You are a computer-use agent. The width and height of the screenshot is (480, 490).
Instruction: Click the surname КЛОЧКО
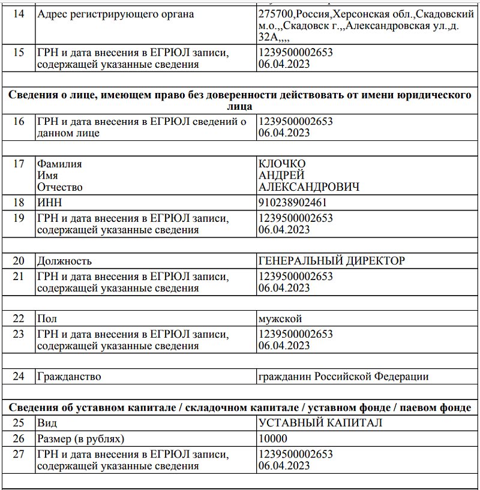[281, 164]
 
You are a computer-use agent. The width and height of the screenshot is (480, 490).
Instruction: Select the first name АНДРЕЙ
[281, 175]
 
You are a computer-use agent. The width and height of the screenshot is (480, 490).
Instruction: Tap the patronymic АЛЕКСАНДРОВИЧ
[308, 187]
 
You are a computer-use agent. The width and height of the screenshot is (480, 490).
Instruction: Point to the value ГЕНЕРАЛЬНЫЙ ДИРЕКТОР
[331, 261]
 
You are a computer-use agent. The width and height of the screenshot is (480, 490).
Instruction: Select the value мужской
[280, 318]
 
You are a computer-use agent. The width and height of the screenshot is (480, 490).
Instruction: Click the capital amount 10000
[273, 438]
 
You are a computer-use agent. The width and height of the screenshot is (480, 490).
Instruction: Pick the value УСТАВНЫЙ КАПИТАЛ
[320, 423]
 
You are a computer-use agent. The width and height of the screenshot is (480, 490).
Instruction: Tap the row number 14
[19, 14]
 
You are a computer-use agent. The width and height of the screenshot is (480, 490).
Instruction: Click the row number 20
[19, 261]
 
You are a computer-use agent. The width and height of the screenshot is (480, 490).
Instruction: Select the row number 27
[19, 454]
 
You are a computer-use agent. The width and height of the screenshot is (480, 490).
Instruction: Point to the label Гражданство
[68, 377]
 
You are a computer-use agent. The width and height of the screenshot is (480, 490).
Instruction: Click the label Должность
[64, 261]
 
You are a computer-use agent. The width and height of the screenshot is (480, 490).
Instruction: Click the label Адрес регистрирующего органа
[115, 14]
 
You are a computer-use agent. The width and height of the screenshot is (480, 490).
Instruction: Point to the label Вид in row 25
[47, 423]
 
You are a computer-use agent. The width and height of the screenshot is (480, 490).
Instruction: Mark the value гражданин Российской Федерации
[343, 377]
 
